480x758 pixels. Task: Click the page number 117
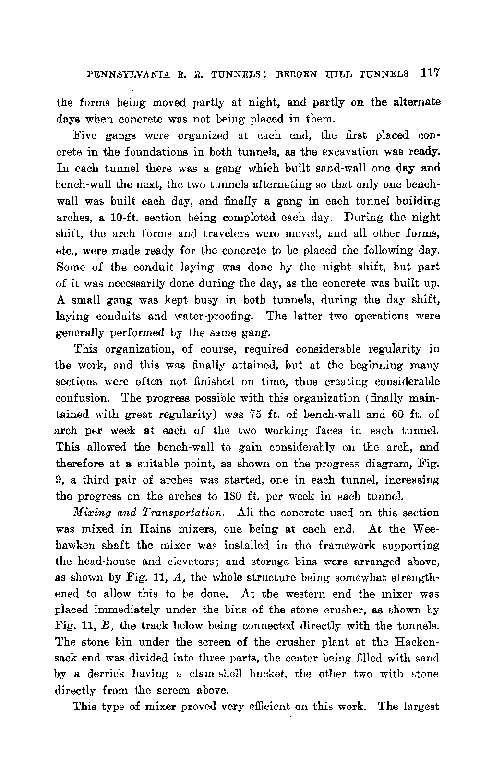430,73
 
